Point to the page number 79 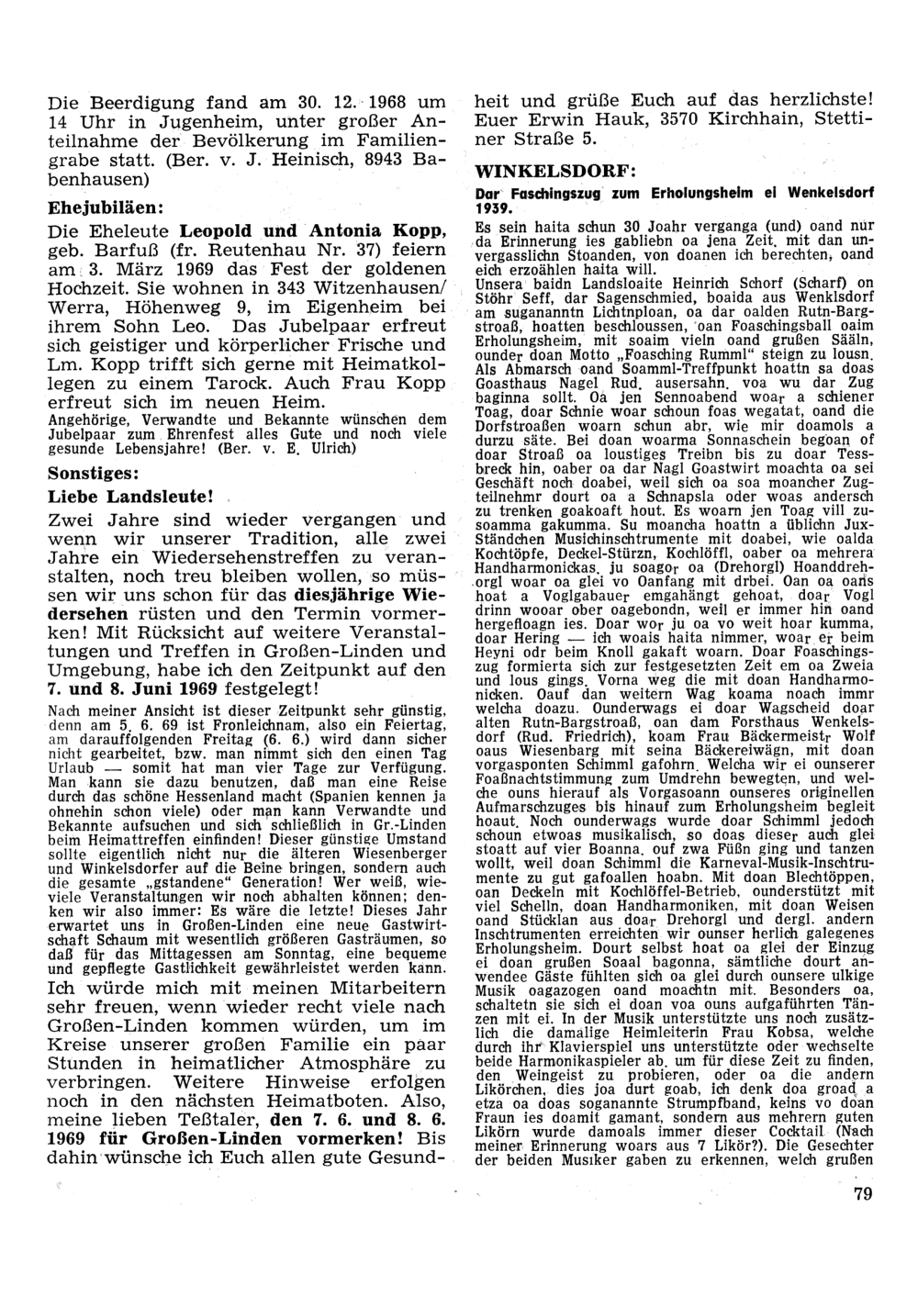[861, 1193]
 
